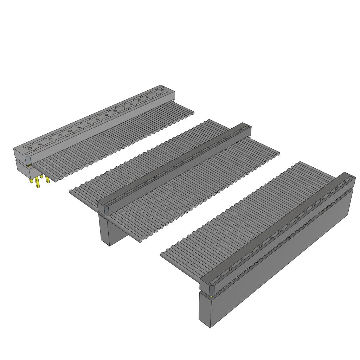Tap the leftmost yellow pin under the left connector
point(36,183)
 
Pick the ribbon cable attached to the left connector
point(116,141)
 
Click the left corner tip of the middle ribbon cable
point(71,192)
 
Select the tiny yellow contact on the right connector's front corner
point(211,296)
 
